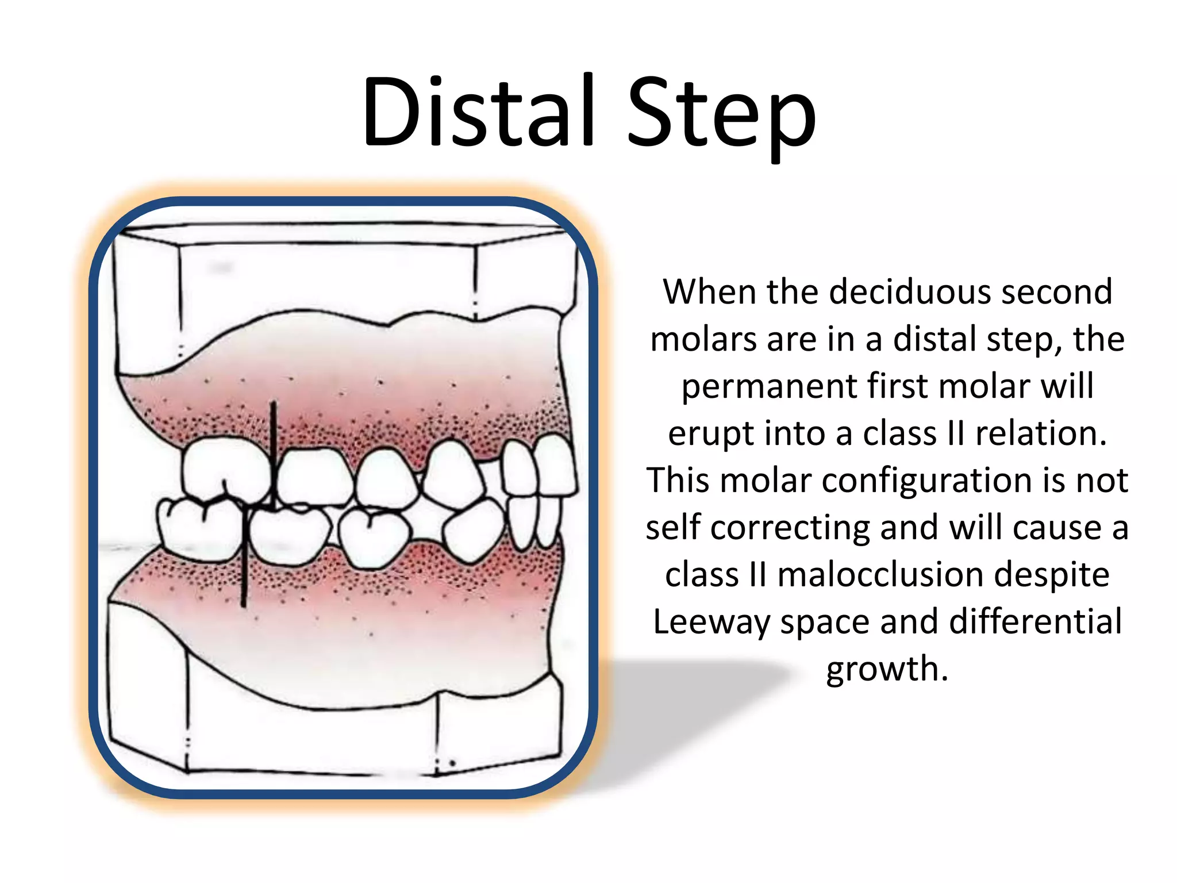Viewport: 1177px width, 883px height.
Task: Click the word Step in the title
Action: click(721, 115)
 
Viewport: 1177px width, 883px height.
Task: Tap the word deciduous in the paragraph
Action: click(911, 291)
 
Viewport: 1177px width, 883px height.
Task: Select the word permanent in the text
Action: click(769, 386)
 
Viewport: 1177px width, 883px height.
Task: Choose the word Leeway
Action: click(711, 622)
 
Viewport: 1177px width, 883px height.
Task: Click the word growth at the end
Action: click(887, 669)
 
